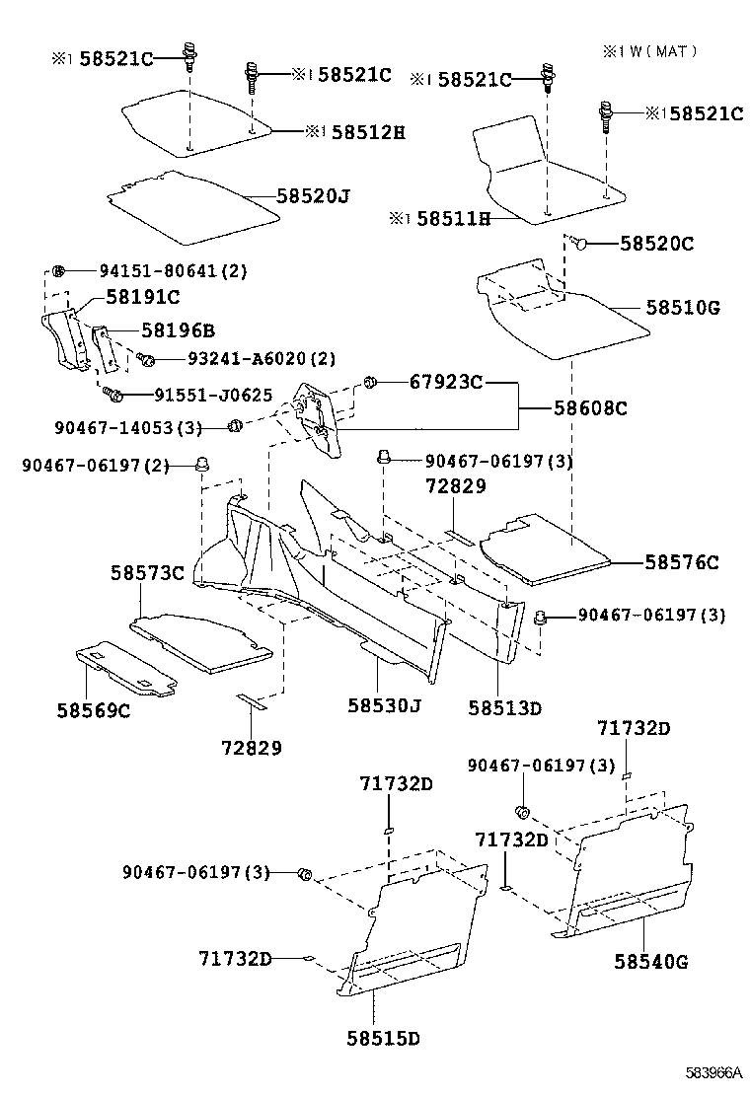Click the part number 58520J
(313, 196)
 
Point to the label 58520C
(656, 243)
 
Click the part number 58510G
(683, 308)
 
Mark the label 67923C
(445, 382)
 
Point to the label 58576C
(682, 562)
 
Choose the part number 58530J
(384, 705)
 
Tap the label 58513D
(505, 707)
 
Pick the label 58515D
(384, 1038)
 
